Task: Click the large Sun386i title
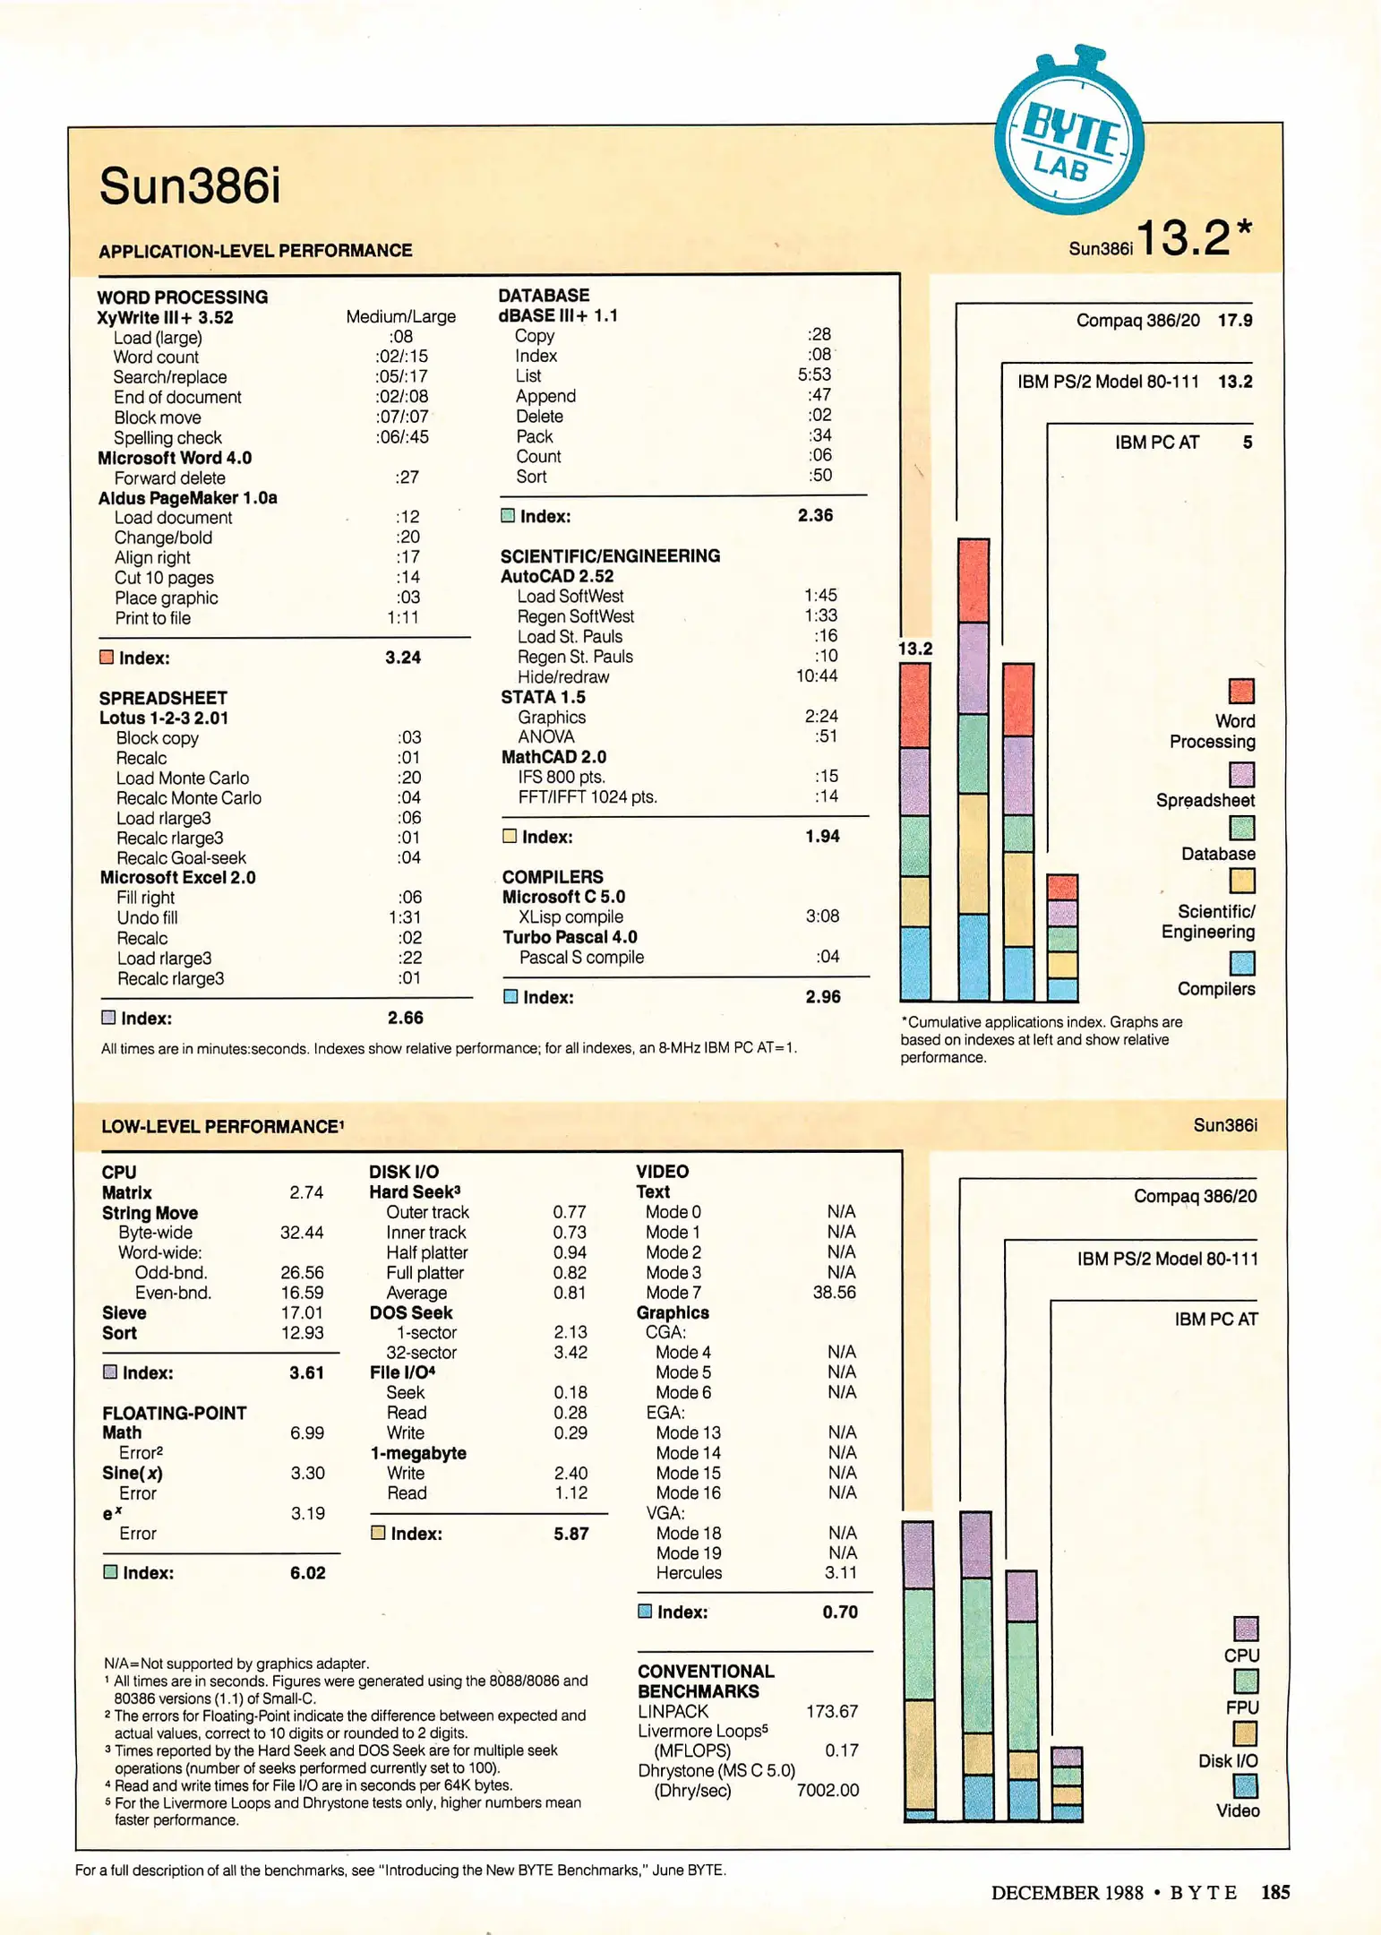click(x=190, y=186)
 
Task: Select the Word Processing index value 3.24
click(x=403, y=658)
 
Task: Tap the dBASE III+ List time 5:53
click(x=814, y=374)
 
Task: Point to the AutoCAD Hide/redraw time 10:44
click(x=816, y=676)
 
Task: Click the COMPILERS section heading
click(x=553, y=877)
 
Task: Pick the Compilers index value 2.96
click(x=822, y=996)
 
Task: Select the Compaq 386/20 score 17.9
click(x=1235, y=321)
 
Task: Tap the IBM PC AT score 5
click(x=1247, y=443)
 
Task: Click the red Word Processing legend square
click(x=1241, y=691)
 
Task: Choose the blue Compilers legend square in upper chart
click(x=1242, y=963)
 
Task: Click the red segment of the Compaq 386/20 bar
click(x=974, y=580)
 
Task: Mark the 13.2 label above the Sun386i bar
click(x=915, y=649)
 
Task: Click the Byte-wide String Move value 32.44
click(x=302, y=1233)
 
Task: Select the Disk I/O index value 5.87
click(x=570, y=1534)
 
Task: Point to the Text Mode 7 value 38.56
click(x=834, y=1293)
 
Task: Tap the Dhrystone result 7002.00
click(x=828, y=1791)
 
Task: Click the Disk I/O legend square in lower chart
click(x=1245, y=1733)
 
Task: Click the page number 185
click(x=1275, y=1892)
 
